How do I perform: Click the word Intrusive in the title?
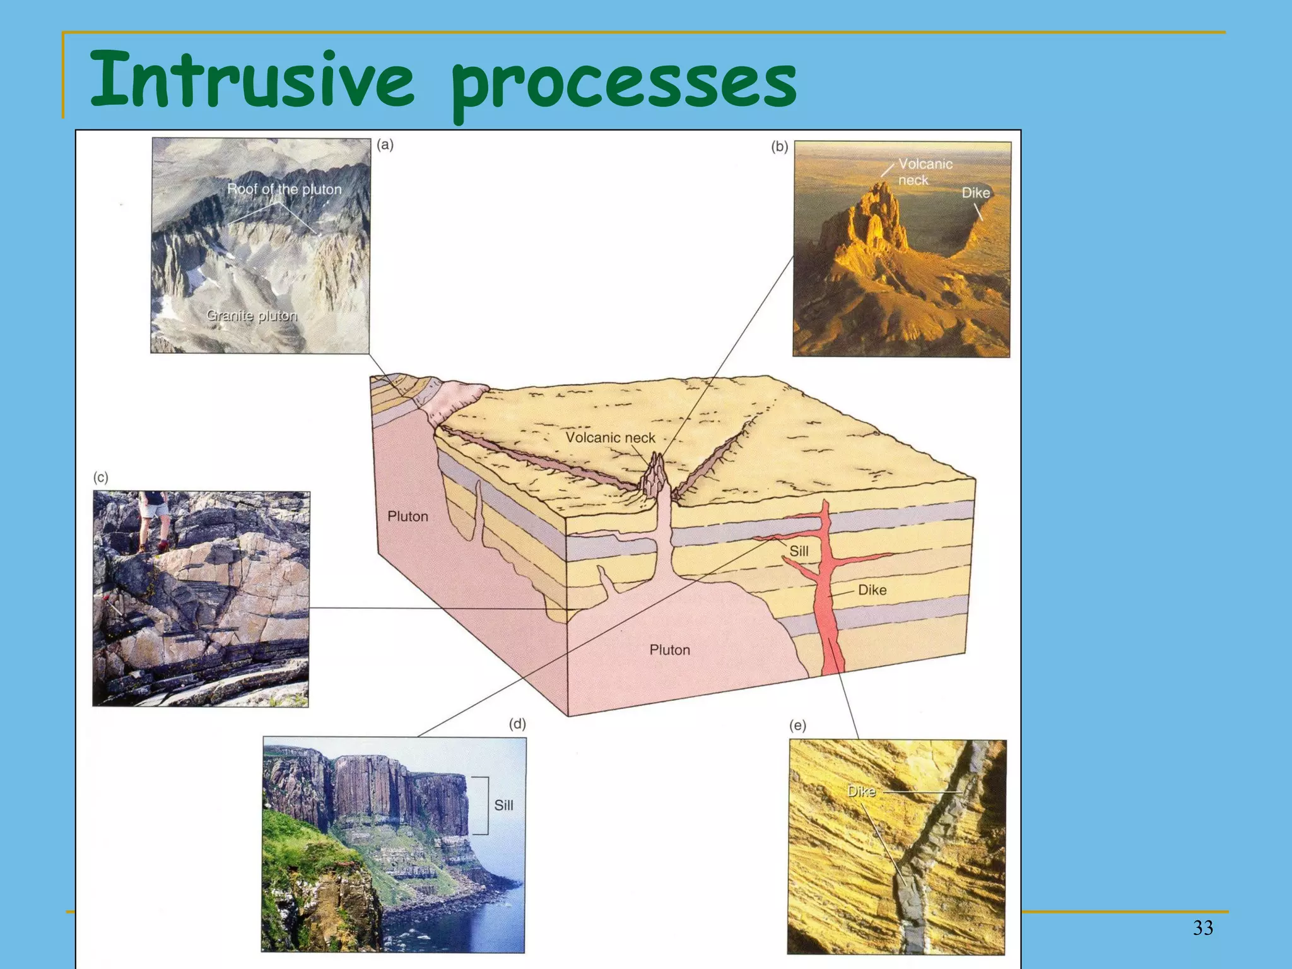pos(252,81)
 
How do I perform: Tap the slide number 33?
pos(1203,927)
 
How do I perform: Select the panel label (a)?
pos(385,144)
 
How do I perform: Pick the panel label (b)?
pos(779,146)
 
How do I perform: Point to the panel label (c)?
pos(100,478)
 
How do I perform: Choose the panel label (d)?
pos(517,724)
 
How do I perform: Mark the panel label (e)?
pos(797,725)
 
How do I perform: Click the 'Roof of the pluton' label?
pos(284,189)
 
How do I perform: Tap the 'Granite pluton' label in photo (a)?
pos(252,315)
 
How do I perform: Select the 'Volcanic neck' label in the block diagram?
pos(610,437)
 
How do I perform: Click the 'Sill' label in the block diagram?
pos(799,551)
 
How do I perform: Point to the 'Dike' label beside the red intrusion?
pos(872,590)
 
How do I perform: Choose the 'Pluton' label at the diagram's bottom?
pos(670,650)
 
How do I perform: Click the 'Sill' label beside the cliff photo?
pos(503,805)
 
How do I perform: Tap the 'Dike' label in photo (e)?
pos(861,791)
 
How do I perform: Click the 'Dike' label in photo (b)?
pos(975,192)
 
